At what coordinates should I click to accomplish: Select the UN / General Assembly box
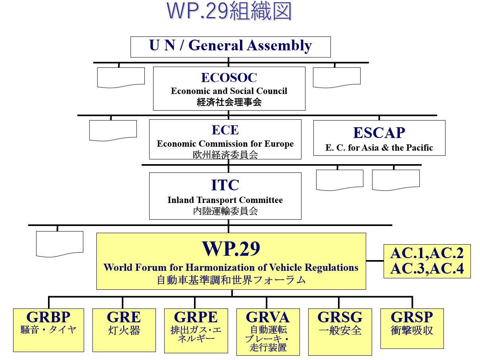coord(230,46)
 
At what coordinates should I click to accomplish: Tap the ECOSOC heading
coord(229,77)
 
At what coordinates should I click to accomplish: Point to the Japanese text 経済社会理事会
coord(229,102)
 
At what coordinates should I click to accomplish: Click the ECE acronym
coord(225,130)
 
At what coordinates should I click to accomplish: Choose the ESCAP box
coord(379,138)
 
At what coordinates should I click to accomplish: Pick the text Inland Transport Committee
coord(225,200)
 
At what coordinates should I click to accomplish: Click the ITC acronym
coord(225,185)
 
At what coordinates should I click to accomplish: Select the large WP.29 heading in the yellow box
coord(231,249)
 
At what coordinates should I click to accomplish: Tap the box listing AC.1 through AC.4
coord(427,261)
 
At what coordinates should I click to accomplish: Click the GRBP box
coord(48,330)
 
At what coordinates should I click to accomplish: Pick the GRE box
coord(124,330)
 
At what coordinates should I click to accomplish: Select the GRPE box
coord(196,330)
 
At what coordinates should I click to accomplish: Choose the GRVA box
coord(268,331)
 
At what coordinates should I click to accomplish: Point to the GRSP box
coord(412,328)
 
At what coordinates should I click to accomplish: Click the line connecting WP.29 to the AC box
coord(374,261)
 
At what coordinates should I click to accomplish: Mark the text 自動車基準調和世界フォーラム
coord(231,280)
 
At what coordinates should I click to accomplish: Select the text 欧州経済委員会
coord(225,155)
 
